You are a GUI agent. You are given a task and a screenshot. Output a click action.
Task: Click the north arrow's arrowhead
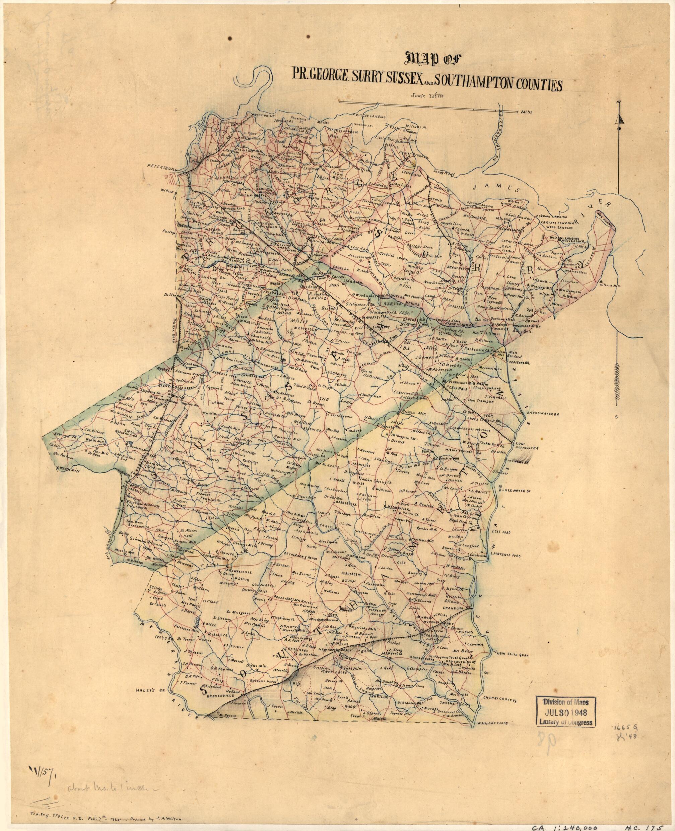click(619, 119)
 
